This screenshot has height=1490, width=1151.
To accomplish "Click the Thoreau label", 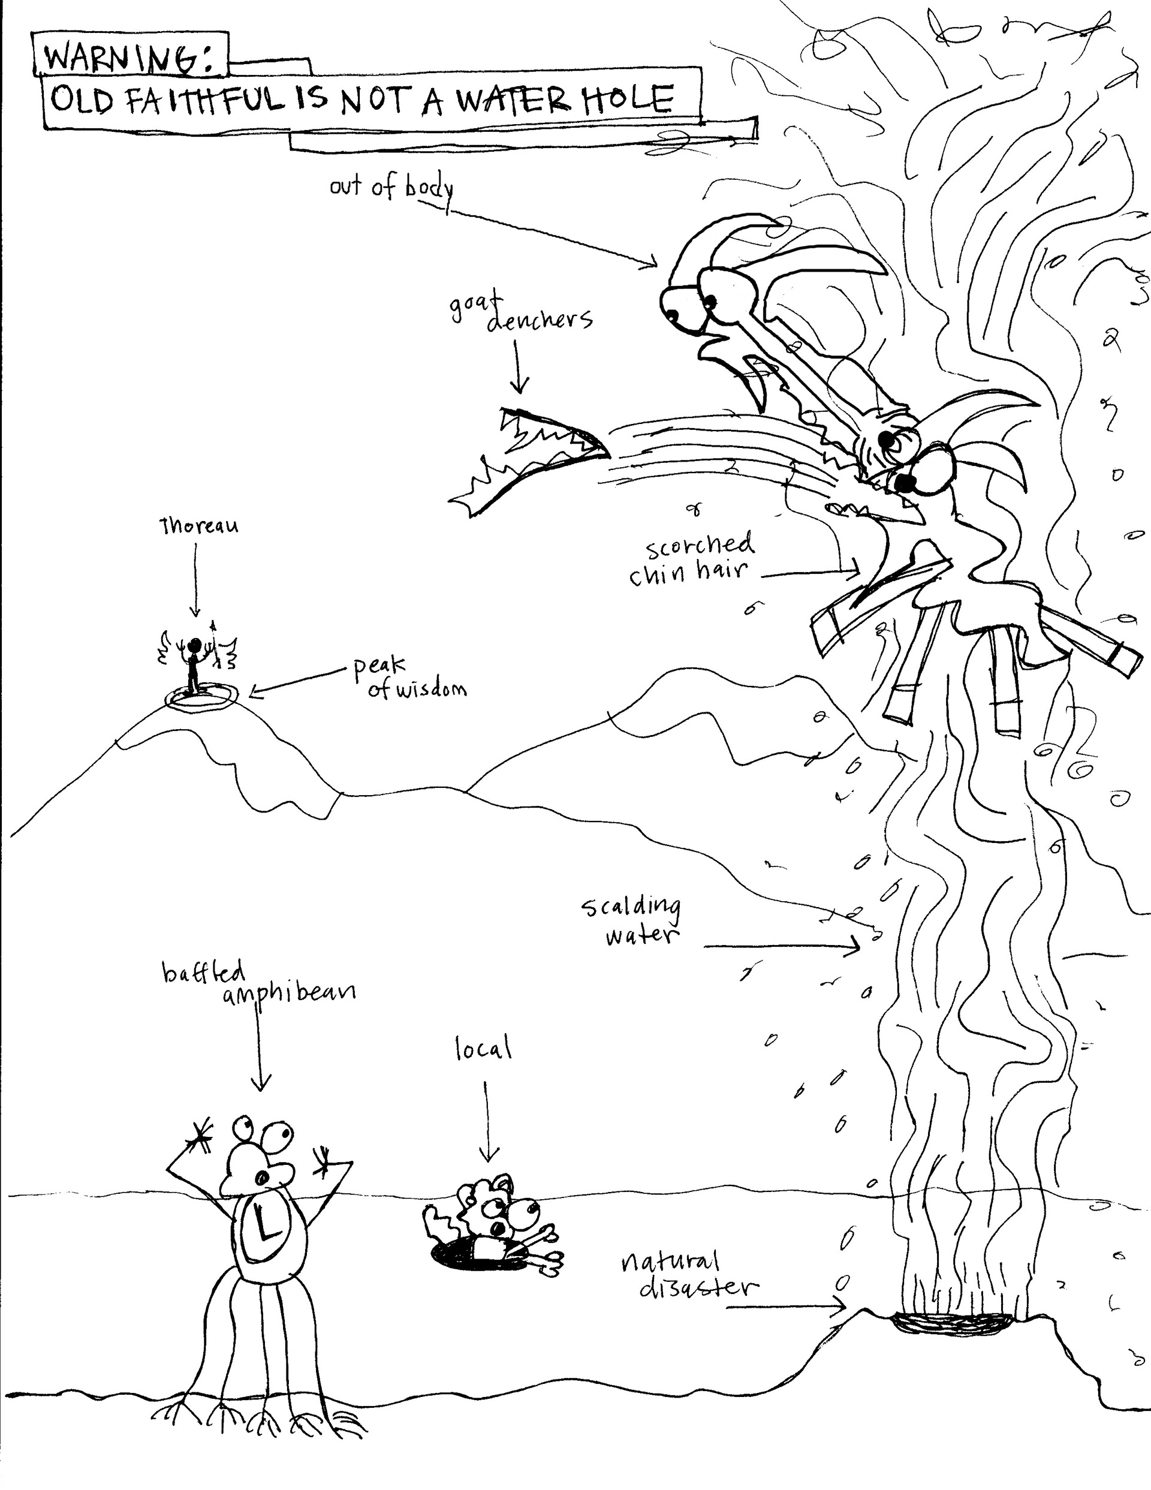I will point(198,526).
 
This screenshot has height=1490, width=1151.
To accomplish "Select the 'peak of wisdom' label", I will point(410,678).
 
